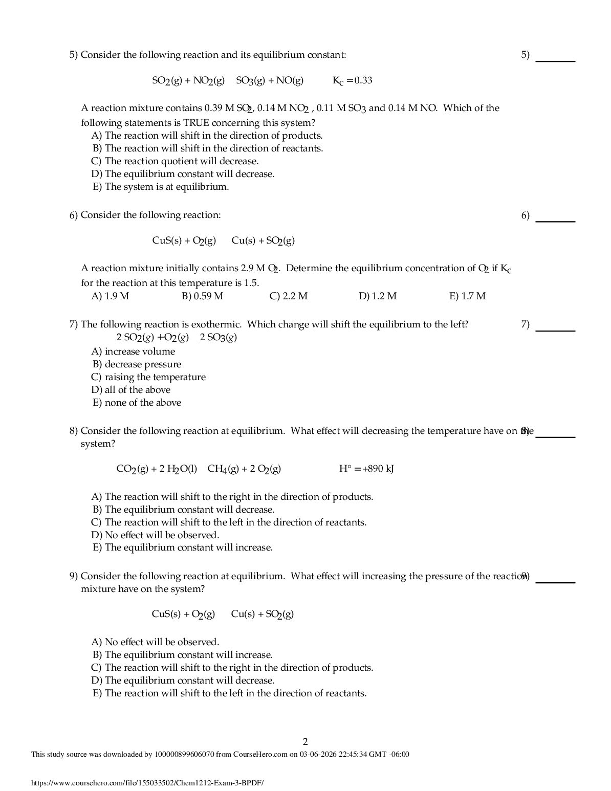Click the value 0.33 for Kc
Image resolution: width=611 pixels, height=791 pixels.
click(x=363, y=80)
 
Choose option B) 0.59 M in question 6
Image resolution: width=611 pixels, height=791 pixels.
click(x=203, y=296)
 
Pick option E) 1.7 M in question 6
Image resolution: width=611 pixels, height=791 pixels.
click(x=467, y=296)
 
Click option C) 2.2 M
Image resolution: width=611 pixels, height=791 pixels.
click(x=289, y=296)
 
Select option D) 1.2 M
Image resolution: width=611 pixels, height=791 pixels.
click(x=378, y=296)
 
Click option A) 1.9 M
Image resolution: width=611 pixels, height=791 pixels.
click(x=110, y=296)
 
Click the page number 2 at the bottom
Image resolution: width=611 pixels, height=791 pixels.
click(x=305, y=741)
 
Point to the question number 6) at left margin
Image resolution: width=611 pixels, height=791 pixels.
click(x=74, y=215)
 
